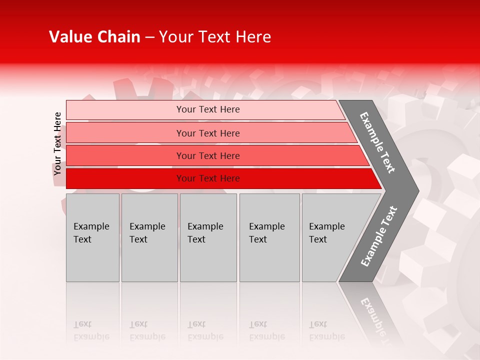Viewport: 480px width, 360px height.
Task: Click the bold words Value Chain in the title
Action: (x=94, y=37)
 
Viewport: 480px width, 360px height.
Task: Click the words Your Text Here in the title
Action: (x=215, y=37)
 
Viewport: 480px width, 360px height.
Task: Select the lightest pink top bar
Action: (x=125, y=110)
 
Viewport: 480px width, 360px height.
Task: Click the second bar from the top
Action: (x=125, y=133)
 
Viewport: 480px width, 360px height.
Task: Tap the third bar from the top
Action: (x=125, y=155)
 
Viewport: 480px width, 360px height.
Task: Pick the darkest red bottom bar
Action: (x=125, y=178)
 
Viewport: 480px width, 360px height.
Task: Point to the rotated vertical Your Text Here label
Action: (x=57, y=143)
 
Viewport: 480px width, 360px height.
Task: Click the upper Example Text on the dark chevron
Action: (x=378, y=142)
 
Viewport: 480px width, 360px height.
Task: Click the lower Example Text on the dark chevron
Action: (x=379, y=236)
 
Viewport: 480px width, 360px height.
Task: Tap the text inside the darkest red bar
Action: (x=208, y=178)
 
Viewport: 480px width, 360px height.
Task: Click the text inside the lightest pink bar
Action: (x=208, y=109)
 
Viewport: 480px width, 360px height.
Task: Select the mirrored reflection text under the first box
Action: (x=91, y=330)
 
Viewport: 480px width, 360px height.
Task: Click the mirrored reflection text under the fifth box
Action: (x=327, y=330)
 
